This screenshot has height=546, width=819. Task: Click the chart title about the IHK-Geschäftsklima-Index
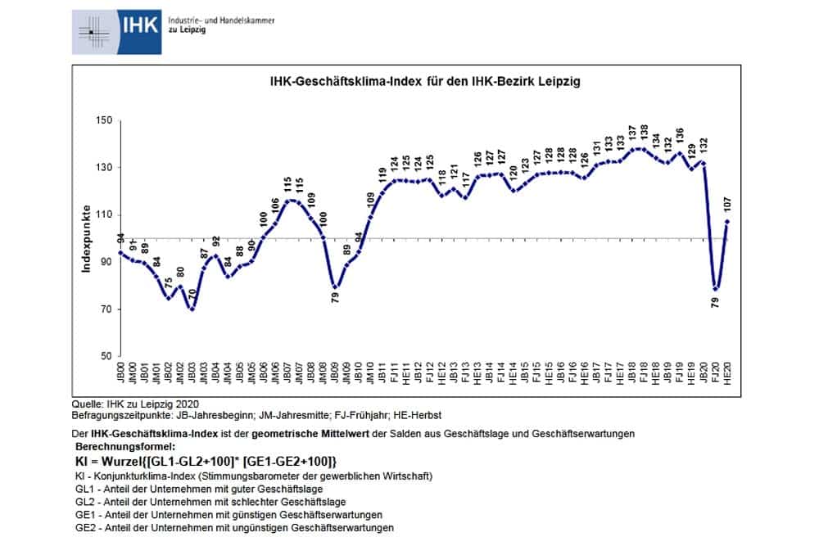[x=425, y=82]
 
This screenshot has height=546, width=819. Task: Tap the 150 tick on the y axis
[x=103, y=120]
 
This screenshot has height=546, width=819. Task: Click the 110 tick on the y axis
[x=103, y=215]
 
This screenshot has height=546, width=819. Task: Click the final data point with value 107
[x=726, y=221]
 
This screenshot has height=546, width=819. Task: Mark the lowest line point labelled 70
[x=192, y=309]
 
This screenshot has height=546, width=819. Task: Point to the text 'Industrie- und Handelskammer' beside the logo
[x=221, y=20]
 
